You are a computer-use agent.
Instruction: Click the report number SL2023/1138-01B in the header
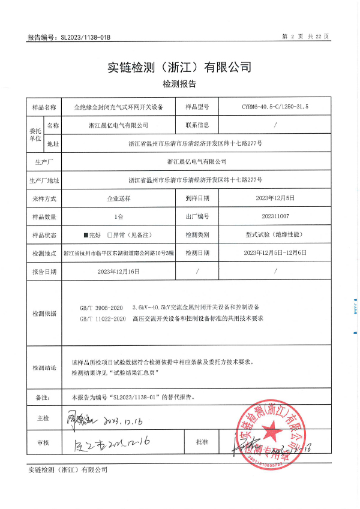pyautogui.click(x=86, y=37)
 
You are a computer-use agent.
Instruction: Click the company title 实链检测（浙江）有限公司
pyautogui.click(x=179, y=67)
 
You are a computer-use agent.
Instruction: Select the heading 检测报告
pyautogui.click(x=179, y=84)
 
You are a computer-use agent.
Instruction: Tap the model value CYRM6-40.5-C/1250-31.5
pyautogui.click(x=275, y=107)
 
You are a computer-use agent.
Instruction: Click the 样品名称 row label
pyautogui.click(x=44, y=107)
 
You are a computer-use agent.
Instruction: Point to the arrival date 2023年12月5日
pyautogui.click(x=275, y=198)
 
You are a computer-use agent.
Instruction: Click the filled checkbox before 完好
pyautogui.click(x=86, y=234)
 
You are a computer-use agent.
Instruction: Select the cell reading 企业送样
pyautogui.click(x=118, y=198)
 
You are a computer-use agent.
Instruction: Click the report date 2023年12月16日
pyautogui.click(x=118, y=271)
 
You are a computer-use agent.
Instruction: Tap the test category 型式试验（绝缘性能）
pyautogui.click(x=275, y=234)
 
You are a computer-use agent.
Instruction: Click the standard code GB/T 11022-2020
pyautogui.click(x=103, y=319)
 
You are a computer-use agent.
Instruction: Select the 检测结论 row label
pyautogui.click(x=44, y=368)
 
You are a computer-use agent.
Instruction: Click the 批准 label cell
pyautogui.click(x=202, y=442)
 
